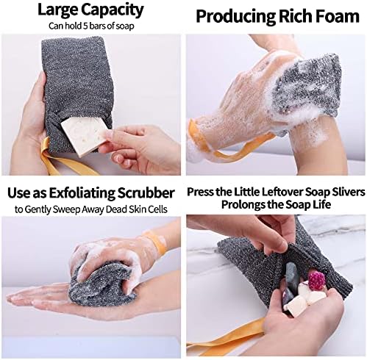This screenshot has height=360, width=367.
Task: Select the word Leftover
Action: tap(281, 192)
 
